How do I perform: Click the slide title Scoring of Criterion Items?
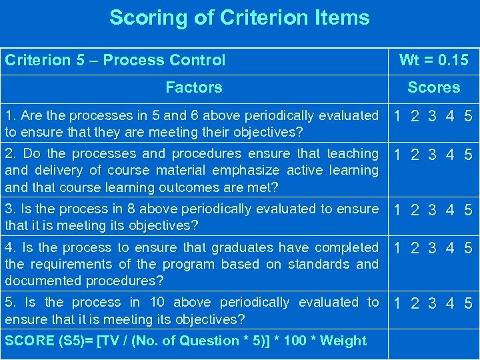tap(239, 18)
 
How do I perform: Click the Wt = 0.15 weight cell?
tap(433, 61)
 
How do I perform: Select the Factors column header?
tap(193, 87)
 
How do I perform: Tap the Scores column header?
tap(433, 87)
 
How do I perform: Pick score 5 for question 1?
tap(468, 117)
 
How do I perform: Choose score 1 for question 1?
tap(398, 117)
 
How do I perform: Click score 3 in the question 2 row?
tap(433, 155)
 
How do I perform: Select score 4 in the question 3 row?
tap(451, 211)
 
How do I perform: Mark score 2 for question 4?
tap(415, 249)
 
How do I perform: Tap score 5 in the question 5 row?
tap(468, 304)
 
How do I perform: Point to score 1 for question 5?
tap(398, 304)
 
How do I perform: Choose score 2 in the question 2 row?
tap(415, 155)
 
